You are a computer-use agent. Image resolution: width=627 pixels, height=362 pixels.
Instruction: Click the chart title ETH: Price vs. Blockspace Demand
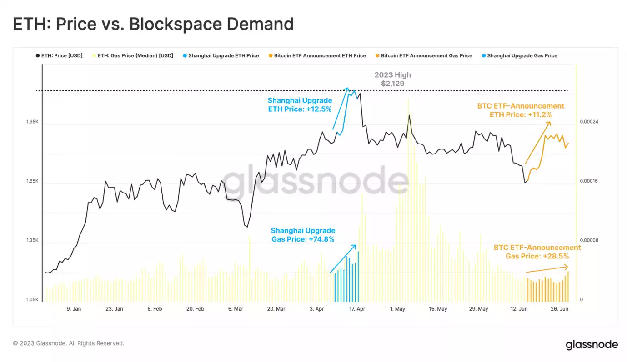click(x=153, y=24)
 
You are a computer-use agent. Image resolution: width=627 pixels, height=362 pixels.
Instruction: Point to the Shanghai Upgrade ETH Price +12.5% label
click(x=300, y=104)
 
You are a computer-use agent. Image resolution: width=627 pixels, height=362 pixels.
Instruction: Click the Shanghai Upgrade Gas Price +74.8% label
click(x=303, y=235)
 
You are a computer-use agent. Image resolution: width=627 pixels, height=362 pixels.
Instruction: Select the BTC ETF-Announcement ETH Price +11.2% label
click(x=521, y=110)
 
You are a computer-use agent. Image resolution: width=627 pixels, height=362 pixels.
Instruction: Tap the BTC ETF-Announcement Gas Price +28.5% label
click(x=537, y=252)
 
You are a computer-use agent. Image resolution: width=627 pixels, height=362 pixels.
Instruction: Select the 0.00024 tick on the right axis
click(x=589, y=122)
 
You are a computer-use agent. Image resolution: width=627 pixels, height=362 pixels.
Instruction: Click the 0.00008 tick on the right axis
click(x=589, y=240)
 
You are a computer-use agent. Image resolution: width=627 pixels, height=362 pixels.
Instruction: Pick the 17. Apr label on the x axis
click(x=357, y=309)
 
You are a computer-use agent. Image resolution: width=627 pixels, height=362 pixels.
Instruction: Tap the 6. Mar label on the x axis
click(x=236, y=309)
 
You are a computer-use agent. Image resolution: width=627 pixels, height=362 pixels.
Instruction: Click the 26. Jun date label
click(x=560, y=309)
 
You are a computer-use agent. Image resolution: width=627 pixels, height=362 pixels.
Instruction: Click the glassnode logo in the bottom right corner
click(x=592, y=345)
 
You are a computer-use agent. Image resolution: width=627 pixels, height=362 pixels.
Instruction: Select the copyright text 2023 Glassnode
click(x=69, y=343)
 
